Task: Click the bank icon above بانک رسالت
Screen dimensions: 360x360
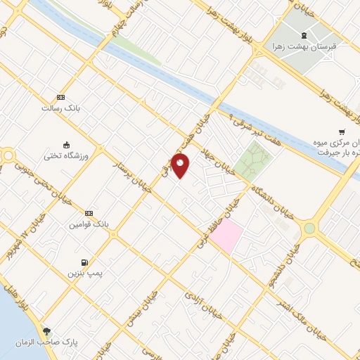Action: coord(60,98)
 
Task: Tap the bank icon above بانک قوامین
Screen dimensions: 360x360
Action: coord(89,213)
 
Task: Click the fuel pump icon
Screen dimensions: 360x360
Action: coord(89,260)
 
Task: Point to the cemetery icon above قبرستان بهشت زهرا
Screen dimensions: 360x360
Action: coord(304,36)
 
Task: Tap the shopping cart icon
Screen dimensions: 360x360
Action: coord(342,131)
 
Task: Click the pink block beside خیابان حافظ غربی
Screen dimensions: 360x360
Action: coord(226,236)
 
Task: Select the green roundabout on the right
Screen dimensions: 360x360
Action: coord(309,228)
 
